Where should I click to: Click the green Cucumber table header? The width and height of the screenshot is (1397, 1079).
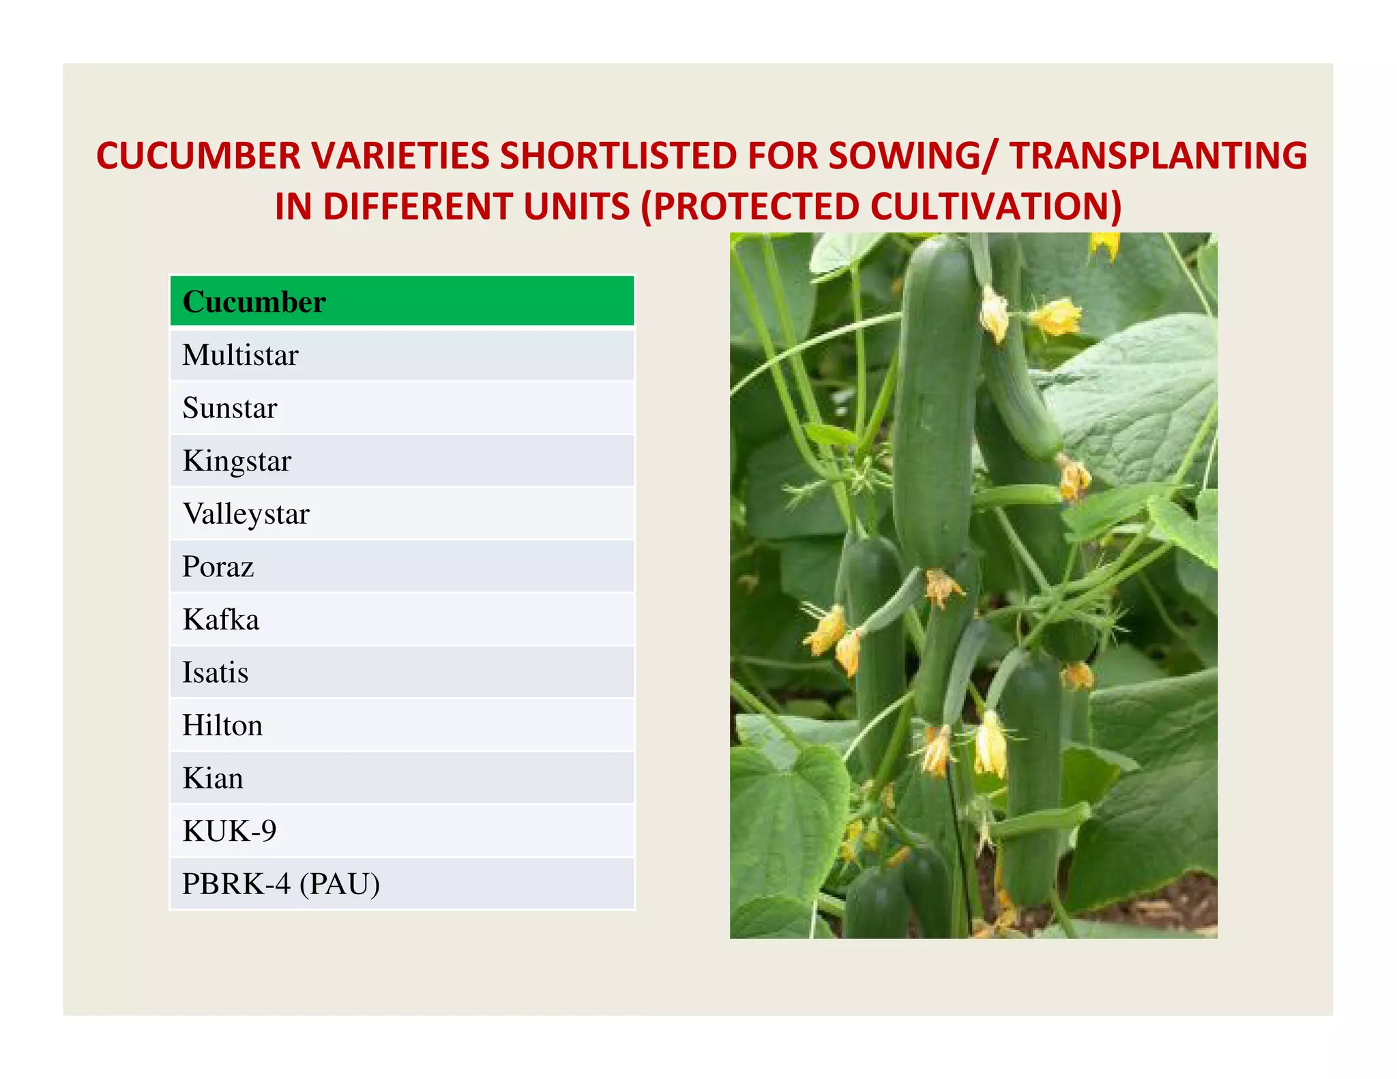click(402, 301)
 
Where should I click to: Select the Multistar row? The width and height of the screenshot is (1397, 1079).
click(402, 355)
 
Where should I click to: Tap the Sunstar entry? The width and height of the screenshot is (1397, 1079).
click(402, 408)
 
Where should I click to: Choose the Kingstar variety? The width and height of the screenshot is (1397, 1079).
click(402, 461)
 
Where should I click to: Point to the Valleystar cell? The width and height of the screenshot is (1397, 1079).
click(402, 514)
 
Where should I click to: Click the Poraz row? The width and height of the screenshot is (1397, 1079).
click(402, 567)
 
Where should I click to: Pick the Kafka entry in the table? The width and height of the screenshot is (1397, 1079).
click(402, 619)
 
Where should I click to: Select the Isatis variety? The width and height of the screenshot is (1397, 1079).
click(402, 672)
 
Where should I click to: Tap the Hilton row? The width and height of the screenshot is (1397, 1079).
click(402, 725)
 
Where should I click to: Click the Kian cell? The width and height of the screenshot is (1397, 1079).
click(402, 778)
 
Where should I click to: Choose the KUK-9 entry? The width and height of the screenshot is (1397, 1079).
click(402, 831)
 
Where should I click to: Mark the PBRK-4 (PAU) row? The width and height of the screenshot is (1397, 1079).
click(402, 884)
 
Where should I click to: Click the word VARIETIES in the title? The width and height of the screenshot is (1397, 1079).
click(400, 156)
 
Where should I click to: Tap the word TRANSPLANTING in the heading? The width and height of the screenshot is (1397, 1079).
click(1158, 156)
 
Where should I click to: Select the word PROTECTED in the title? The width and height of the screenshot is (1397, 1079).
click(750, 207)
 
